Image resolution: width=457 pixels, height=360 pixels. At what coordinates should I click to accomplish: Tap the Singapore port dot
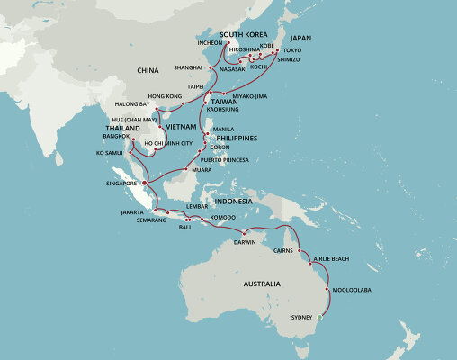(x=145, y=182)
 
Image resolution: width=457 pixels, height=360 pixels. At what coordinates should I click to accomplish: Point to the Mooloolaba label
(x=351, y=289)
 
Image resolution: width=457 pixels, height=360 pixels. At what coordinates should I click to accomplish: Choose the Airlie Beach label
(x=341, y=258)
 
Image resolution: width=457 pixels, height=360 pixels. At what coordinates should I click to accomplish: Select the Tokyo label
(x=293, y=50)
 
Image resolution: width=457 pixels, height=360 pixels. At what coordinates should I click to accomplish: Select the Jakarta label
(x=131, y=211)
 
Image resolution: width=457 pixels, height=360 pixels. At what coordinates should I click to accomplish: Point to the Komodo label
(x=222, y=217)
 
